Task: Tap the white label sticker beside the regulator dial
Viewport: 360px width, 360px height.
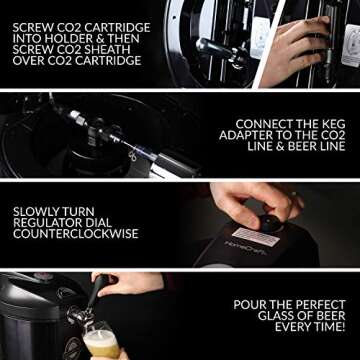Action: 253,237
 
